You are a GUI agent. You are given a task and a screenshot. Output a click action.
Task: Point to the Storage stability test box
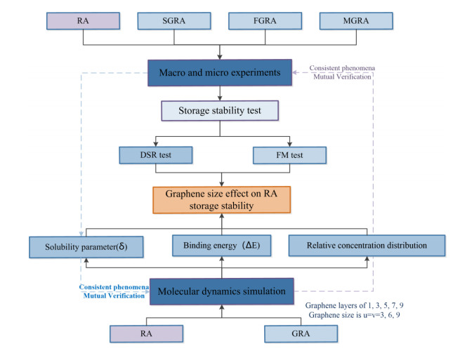(x=221, y=111)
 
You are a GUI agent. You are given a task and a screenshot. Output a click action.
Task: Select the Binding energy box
(x=221, y=246)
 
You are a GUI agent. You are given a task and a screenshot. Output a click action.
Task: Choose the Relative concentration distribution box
(x=366, y=246)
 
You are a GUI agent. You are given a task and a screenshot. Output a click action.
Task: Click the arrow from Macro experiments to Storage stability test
(x=221, y=94)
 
